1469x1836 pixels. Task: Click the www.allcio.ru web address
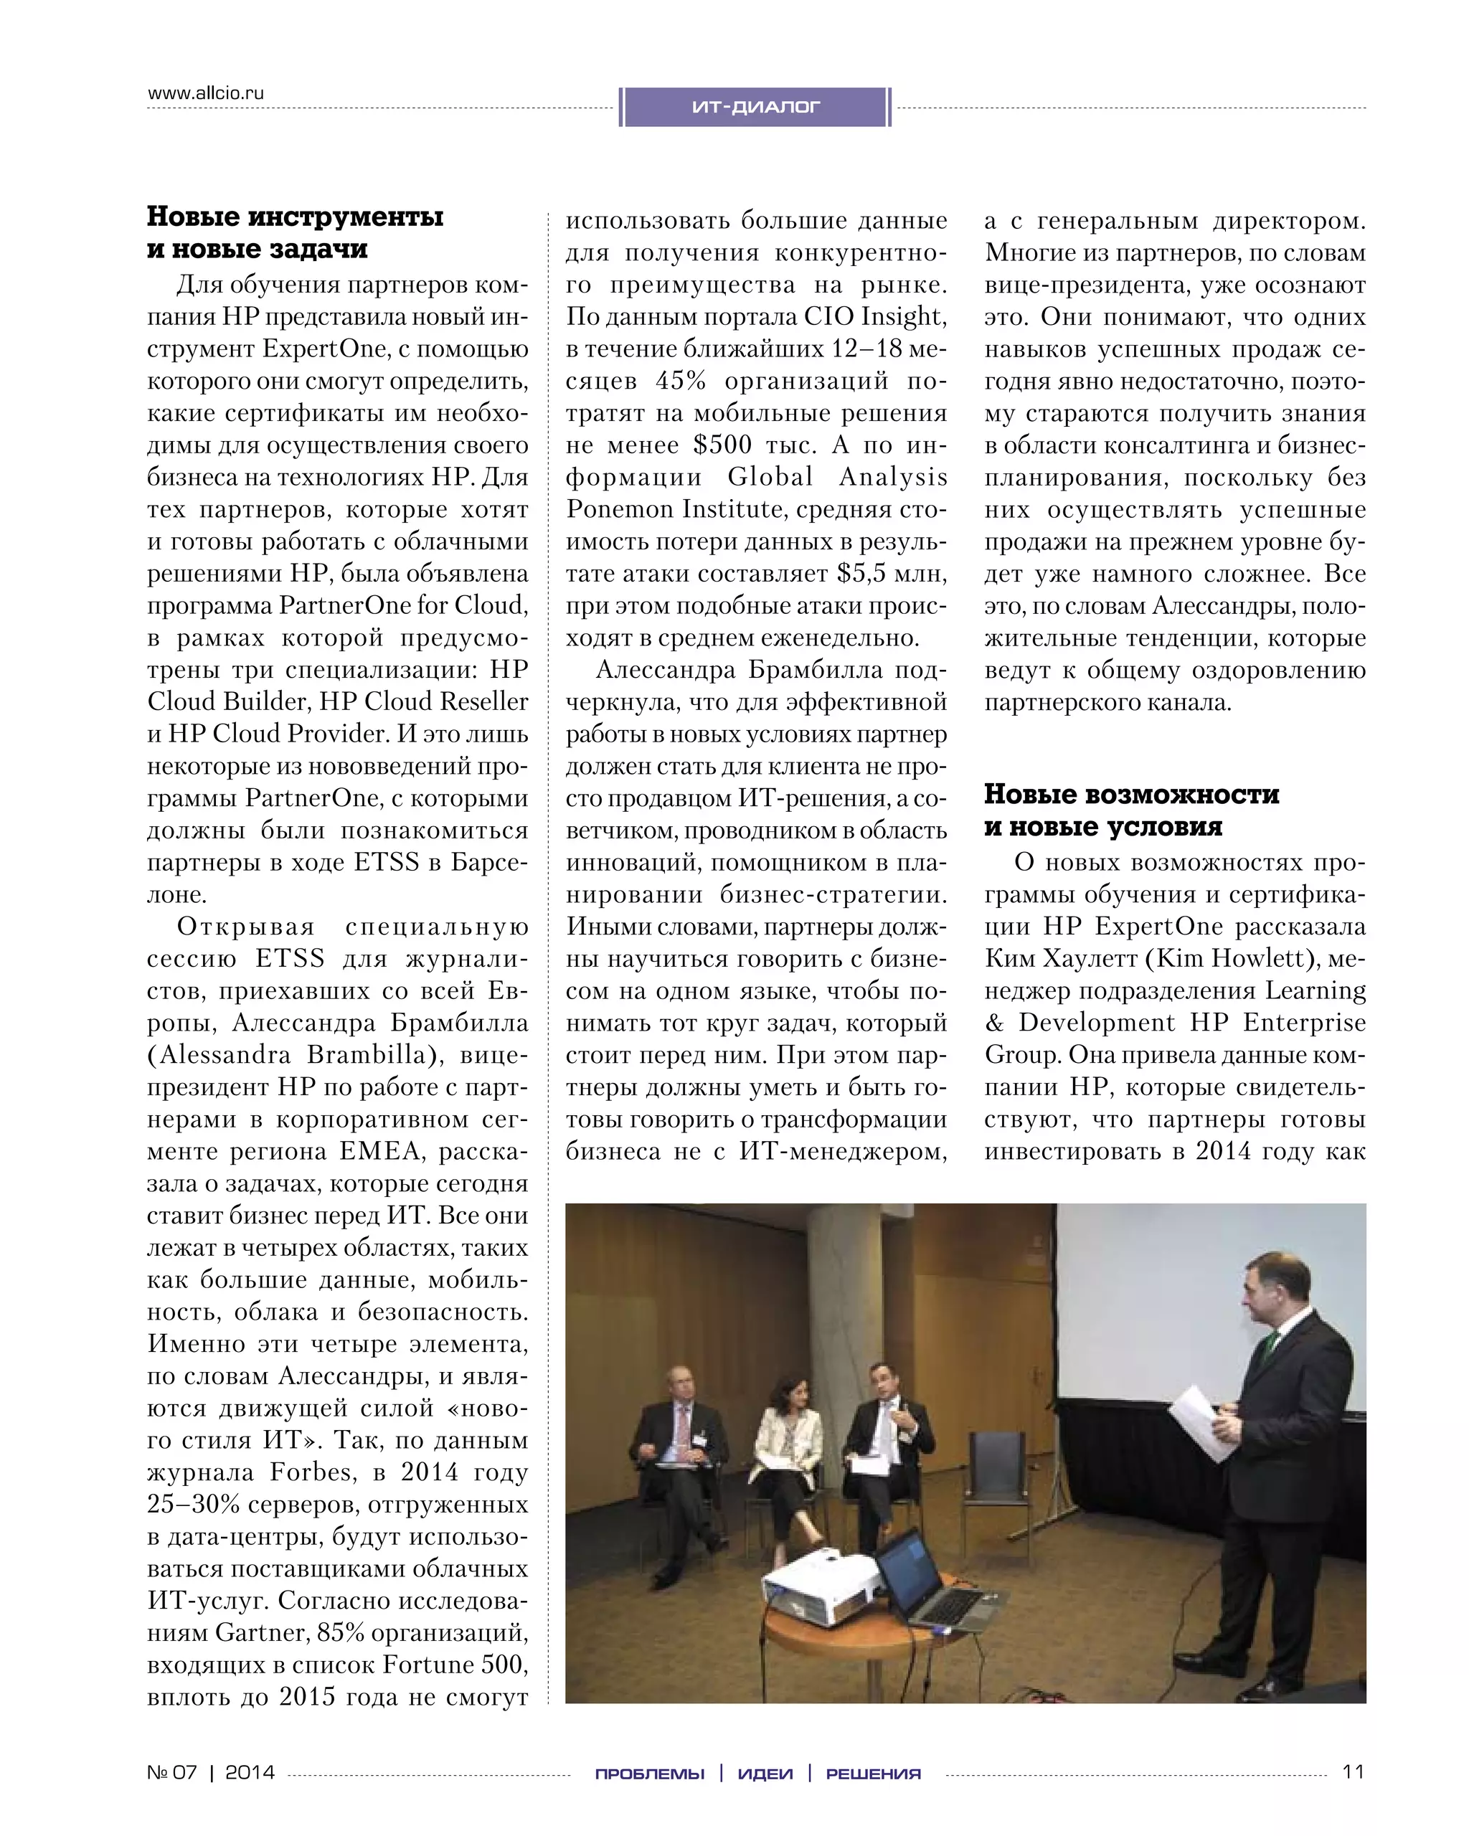[205, 93]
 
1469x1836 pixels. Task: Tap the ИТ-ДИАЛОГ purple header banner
[755, 108]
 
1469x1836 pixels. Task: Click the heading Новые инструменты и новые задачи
[295, 232]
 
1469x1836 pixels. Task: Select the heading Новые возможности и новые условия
[1131, 810]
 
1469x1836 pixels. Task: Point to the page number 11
[1352, 1772]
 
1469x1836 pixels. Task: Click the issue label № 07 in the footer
[172, 1773]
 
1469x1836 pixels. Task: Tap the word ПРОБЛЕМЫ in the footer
[649, 1774]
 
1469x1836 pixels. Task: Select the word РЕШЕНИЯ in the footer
[873, 1774]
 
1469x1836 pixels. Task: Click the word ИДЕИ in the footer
[765, 1774]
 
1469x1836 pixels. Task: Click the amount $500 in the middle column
[722, 445]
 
